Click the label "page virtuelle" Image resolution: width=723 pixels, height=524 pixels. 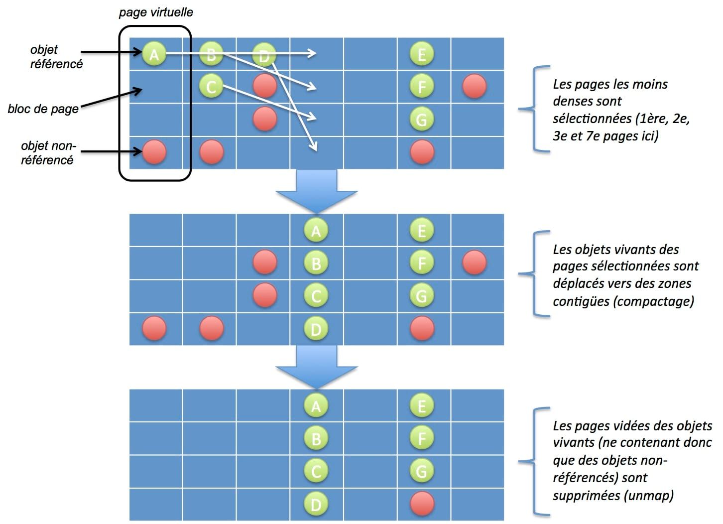click(x=155, y=12)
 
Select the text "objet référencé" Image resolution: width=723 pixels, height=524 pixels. click(x=56, y=56)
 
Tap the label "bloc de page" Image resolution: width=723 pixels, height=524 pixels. click(x=43, y=109)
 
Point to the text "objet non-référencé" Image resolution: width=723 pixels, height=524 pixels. click(x=48, y=152)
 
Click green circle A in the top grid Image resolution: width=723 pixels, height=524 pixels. click(x=154, y=54)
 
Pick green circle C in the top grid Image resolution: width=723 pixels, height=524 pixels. click(x=211, y=87)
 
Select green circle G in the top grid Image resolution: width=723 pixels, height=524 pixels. click(x=421, y=120)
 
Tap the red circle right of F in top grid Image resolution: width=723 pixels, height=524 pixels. click(x=474, y=87)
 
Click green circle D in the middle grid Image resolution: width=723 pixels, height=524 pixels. click(x=316, y=329)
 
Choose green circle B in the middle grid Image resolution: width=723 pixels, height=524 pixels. click(x=316, y=262)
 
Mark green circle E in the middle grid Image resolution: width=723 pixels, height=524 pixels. click(x=421, y=230)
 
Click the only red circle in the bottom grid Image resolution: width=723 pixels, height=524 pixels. click(x=421, y=504)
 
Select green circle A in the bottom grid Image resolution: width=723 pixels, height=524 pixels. click(x=316, y=406)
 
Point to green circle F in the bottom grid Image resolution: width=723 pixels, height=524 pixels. click(x=421, y=438)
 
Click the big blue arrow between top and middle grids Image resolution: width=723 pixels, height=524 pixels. click(x=317, y=191)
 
